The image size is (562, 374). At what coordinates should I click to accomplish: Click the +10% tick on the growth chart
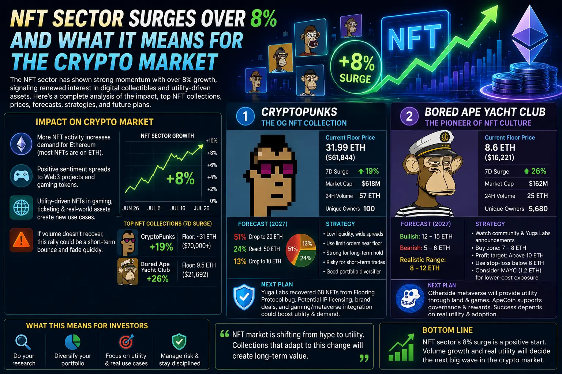pyautogui.click(x=211, y=141)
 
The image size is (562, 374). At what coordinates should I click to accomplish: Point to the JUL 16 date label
pyautogui.click(x=178, y=209)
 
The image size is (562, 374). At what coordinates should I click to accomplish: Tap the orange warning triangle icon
pyautogui.click(x=21, y=240)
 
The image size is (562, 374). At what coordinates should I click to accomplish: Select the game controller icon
pyautogui.click(x=21, y=176)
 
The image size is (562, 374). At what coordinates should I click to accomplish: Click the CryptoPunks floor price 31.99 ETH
pyautogui.click(x=345, y=148)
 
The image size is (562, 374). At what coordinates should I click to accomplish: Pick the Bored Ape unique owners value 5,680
pyautogui.click(x=538, y=209)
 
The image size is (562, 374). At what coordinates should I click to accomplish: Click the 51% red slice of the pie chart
pyautogui.click(x=293, y=249)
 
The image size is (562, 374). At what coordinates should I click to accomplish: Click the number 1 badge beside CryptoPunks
pyautogui.click(x=246, y=116)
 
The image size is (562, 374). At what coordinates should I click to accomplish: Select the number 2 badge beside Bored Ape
pyautogui.click(x=409, y=116)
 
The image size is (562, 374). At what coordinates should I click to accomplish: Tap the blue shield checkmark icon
pyautogui.click(x=244, y=297)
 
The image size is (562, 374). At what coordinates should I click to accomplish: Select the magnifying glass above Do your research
pyautogui.click(x=23, y=342)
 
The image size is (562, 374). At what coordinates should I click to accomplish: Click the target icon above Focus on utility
pyautogui.click(x=126, y=341)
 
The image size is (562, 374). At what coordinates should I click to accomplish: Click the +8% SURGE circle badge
pyautogui.click(x=356, y=67)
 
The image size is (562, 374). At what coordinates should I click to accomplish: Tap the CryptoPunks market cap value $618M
pyautogui.click(x=371, y=184)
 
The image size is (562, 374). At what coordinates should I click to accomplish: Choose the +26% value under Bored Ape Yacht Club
pyautogui.click(x=158, y=279)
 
